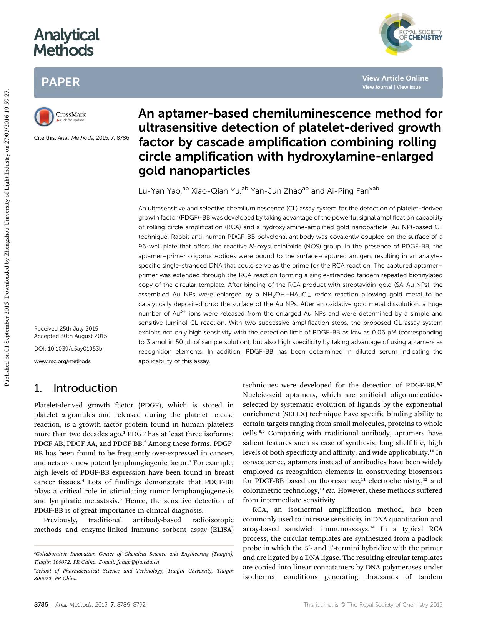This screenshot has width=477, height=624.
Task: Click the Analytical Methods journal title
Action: coord(66,42)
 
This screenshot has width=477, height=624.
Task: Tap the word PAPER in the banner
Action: coord(61,82)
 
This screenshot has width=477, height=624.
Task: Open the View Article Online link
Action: coord(395,78)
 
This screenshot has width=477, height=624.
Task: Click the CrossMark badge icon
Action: coord(44,116)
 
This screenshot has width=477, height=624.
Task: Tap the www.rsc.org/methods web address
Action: coord(62,361)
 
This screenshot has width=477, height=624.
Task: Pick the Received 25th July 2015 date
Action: coord(66,329)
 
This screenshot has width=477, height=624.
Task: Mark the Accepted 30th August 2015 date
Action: coord(70,336)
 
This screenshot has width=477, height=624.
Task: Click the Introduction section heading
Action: coord(85,388)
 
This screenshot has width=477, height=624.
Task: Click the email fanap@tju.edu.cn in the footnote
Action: coord(137,562)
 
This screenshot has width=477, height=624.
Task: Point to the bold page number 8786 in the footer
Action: coord(41,604)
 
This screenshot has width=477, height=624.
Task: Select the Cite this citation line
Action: coord(81,137)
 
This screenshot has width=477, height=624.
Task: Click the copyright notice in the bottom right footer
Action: coord(373,604)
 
